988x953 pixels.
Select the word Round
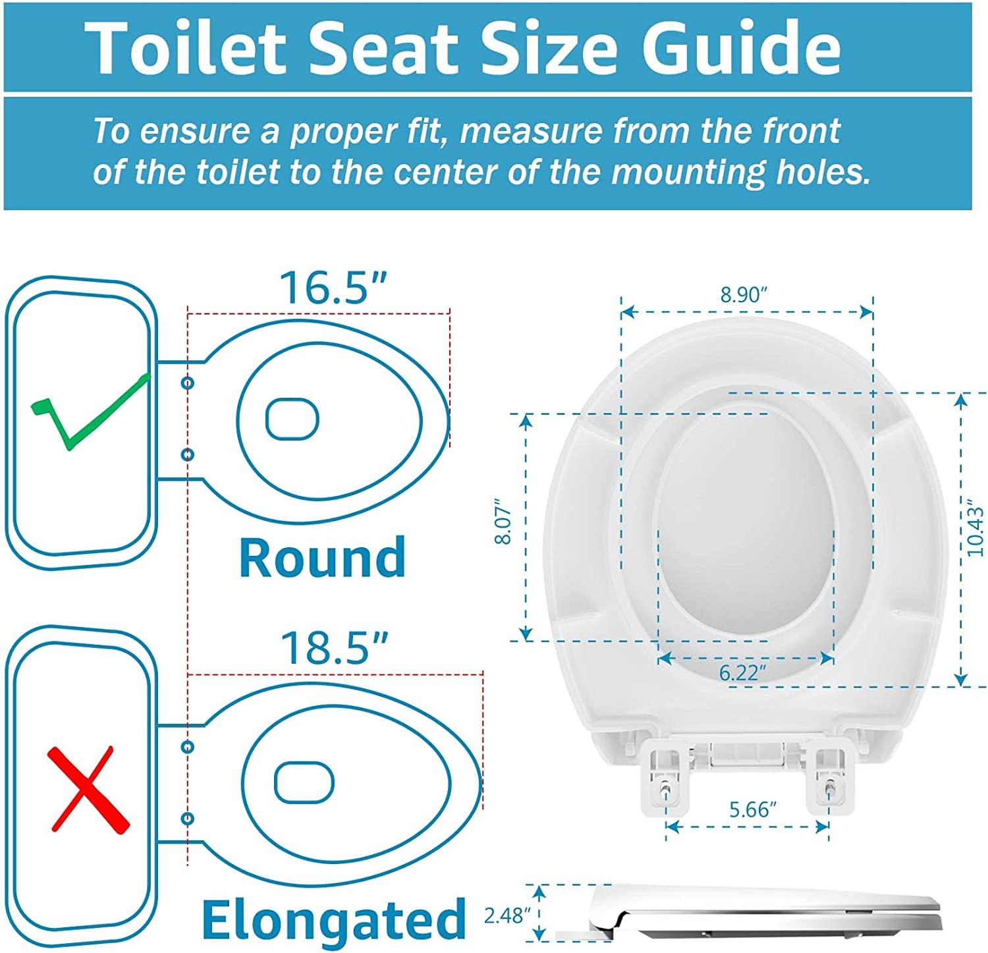pyautogui.click(x=322, y=557)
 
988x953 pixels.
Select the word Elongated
pyautogui.click(x=334, y=919)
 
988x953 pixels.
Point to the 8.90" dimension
pyautogui.click(x=744, y=294)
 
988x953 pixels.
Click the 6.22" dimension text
pyautogui.click(x=743, y=672)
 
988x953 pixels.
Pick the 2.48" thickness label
pyautogui.click(x=508, y=915)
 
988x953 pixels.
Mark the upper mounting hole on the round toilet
pyautogui.click(x=188, y=383)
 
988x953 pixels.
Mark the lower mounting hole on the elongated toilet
pyautogui.click(x=188, y=819)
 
